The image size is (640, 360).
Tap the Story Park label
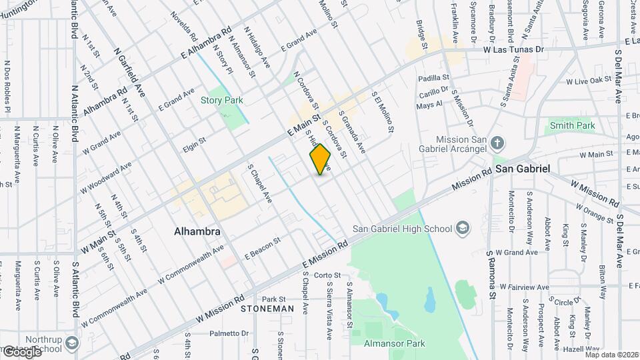[222, 101]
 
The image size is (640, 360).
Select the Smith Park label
[572, 125]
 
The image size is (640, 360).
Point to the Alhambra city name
[197, 232]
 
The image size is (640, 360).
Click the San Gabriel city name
[523, 169]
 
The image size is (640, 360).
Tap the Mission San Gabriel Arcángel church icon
[497, 143]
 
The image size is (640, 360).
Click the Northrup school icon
[72, 343]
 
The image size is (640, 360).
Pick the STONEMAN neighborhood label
[267, 309]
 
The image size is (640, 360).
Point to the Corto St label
[327, 275]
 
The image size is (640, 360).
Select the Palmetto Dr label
[229, 333]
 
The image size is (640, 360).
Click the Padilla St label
[431, 78]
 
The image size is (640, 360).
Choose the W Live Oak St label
[589, 81]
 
